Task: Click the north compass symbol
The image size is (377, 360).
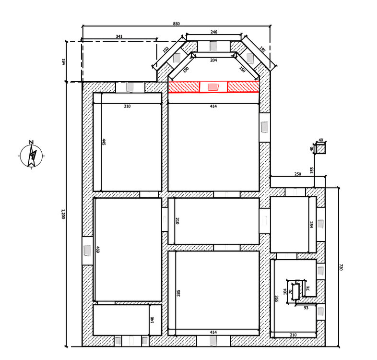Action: pos(32,154)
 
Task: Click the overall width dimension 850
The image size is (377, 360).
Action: pos(176,24)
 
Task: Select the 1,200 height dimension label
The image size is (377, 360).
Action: pos(63,214)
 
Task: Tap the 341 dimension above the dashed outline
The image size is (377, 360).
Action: pos(119,36)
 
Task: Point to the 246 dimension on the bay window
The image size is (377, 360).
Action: pos(214,32)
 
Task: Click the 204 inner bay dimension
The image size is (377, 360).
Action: pos(213,60)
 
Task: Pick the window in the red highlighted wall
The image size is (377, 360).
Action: pos(213,87)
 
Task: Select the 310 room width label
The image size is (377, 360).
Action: pos(127,106)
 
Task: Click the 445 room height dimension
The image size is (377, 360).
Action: pos(104,142)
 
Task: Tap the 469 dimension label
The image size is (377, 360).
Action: pos(98,249)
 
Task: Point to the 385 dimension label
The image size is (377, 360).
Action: pos(178,293)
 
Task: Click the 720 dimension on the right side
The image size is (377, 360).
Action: pos(341,267)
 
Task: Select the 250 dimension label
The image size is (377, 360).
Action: pos(298,174)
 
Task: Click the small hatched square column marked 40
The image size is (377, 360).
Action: pos(320,148)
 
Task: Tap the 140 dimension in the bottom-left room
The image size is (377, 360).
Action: pos(152,320)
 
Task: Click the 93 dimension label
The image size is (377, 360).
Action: pos(306,308)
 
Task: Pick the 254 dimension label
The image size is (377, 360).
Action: pos(312,225)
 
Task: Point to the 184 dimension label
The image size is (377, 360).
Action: pos(64,61)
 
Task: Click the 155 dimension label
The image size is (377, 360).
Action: pos(312,170)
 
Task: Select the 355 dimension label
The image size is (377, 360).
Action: pos(276,299)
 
